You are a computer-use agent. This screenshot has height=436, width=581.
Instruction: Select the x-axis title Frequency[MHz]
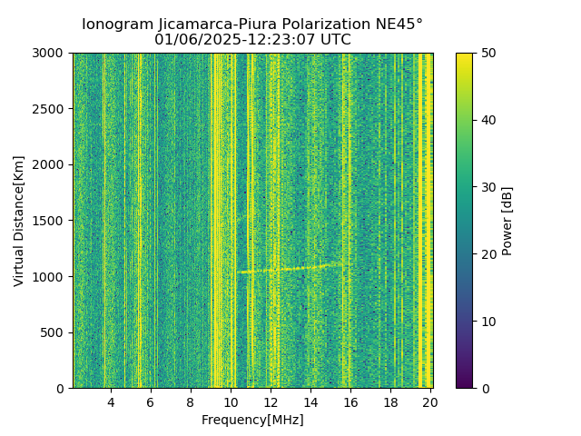tap(252, 420)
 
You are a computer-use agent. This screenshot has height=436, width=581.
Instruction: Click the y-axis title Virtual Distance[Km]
tap(19, 221)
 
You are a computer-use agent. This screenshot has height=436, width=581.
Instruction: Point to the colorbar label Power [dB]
tap(507, 221)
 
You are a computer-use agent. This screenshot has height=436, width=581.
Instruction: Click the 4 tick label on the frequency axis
tap(111, 401)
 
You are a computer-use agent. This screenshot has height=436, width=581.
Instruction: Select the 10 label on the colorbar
tap(486, 322)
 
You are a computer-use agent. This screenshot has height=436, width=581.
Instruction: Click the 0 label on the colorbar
tap(483, 388)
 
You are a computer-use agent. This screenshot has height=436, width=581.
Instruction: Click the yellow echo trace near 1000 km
tap(290, 269)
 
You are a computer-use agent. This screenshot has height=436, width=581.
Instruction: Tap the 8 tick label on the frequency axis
tap(191, 401)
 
